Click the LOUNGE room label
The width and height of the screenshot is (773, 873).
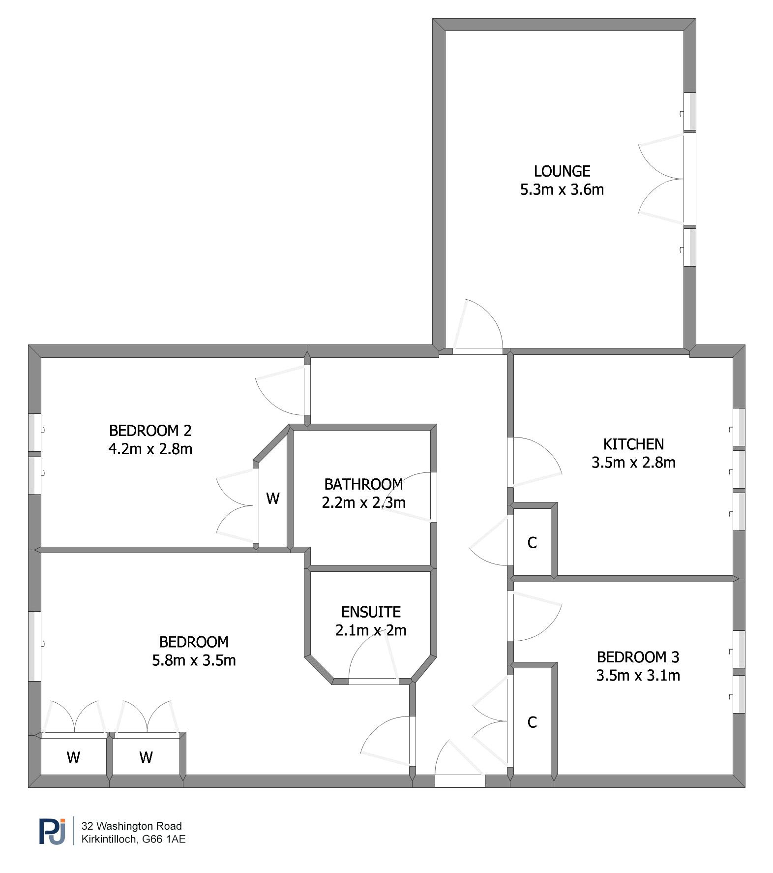[562, 171]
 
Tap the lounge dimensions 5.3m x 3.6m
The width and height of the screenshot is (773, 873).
[562, 189]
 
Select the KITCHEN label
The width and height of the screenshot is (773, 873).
[633, 444]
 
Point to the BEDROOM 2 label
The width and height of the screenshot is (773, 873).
[150, 431]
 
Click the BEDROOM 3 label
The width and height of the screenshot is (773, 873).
[638, 657]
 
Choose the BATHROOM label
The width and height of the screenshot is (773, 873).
[364, 484]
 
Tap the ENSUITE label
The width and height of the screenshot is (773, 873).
[371, 612]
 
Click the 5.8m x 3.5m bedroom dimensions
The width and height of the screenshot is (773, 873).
[194, 660]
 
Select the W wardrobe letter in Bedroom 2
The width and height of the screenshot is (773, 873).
[273, 499]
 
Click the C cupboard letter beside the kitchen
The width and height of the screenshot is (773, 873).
[532, 543]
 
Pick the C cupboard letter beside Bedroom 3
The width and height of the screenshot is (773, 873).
[532, 722]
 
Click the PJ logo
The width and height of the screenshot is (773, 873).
[53, 832]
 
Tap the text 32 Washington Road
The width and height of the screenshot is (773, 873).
[132, 826]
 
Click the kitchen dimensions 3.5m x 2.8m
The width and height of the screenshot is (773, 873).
[633, 463]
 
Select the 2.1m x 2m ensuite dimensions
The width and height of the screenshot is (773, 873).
[371, 630]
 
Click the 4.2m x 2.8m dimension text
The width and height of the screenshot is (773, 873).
[150, 449]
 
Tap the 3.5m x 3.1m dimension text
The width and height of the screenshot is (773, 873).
[638, 675]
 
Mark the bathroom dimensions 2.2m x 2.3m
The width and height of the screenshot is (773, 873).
[364, 502]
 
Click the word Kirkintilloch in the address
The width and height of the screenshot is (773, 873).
[109, 840]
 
